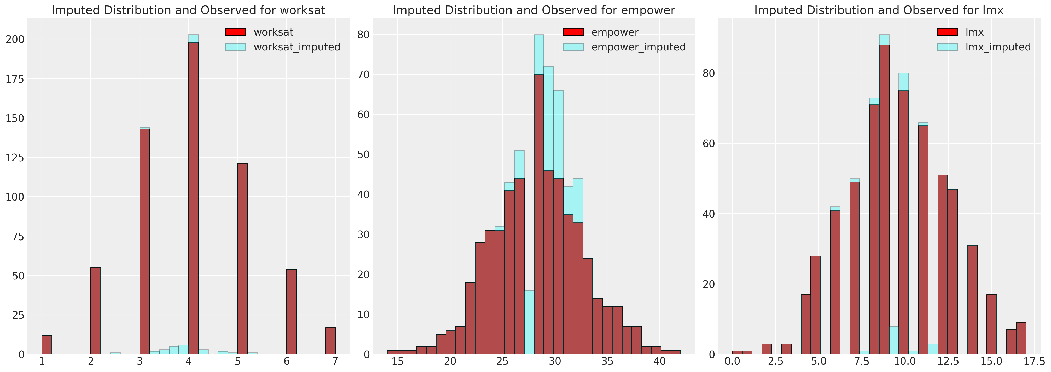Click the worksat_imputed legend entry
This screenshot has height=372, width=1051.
297,47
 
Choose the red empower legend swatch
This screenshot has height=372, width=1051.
573,32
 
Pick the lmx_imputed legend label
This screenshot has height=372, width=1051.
998,47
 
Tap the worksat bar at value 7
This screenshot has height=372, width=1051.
330,341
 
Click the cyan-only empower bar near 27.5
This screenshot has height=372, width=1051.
529,323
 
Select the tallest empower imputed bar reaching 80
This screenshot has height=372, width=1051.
538,53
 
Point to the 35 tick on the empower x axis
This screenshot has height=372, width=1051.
607,361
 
